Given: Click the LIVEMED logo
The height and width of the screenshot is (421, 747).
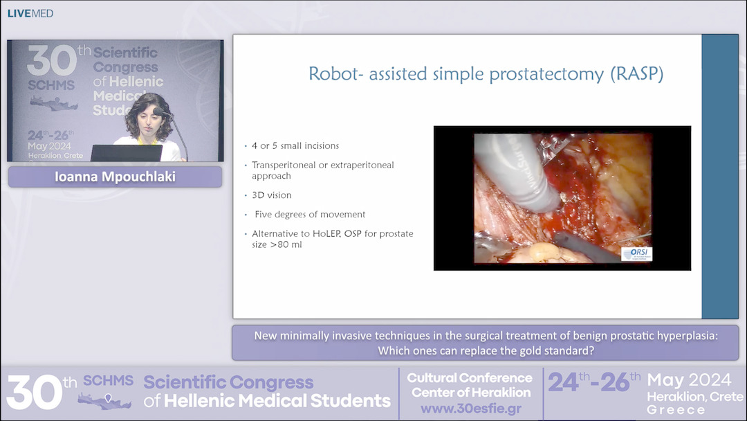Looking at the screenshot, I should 30,13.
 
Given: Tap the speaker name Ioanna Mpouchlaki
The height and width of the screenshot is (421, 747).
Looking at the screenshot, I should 115,177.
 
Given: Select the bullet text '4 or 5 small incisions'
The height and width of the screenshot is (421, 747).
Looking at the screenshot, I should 295,146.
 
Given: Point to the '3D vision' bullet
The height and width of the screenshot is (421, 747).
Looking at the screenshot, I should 272,195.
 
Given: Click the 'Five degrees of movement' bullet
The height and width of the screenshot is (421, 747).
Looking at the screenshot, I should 309,215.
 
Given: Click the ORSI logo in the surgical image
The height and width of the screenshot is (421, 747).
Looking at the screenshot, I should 636,254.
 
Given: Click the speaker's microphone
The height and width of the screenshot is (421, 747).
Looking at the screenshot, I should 158,111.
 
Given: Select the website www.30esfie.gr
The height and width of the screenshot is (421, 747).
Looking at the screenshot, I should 470,409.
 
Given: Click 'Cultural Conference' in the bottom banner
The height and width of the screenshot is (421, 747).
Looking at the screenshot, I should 470,378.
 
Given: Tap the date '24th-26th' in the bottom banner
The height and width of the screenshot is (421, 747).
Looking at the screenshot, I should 594,382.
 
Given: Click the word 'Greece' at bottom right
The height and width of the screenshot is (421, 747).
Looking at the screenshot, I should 676,410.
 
